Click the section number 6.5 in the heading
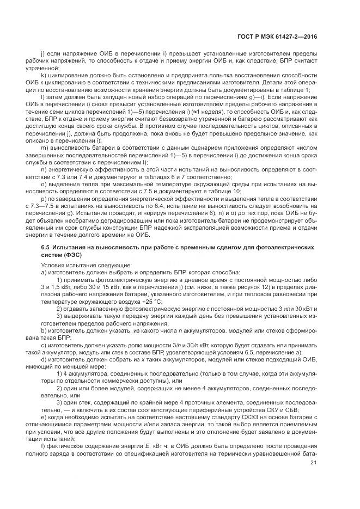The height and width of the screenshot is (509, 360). tap(45, 247)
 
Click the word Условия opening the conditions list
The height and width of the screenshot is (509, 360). tap(53, 265)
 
